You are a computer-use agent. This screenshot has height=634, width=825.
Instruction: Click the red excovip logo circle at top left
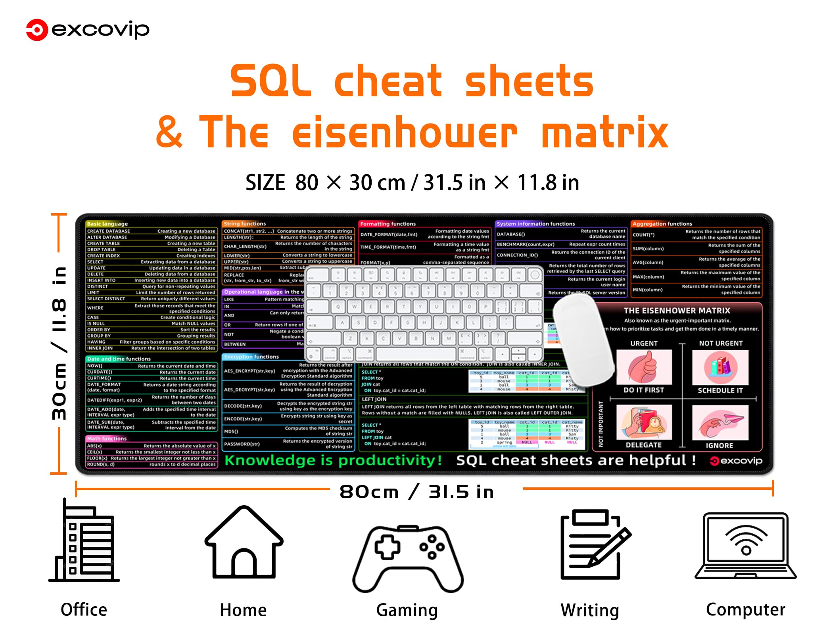point(37,30)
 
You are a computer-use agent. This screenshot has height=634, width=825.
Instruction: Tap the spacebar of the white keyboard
point(415,353)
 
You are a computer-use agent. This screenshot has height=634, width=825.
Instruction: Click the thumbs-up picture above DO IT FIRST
point(644,367)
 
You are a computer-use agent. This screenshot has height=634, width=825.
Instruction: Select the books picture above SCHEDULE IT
point(720,367)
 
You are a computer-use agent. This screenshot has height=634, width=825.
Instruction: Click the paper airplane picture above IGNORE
point(720,422)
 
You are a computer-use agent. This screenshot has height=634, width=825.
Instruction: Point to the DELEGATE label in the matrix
point(643,445)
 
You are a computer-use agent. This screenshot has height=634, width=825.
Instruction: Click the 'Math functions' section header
point(107,438)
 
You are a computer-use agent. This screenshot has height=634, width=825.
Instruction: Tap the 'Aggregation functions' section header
point(662,223)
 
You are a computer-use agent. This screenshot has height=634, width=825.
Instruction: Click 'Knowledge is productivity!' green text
point(333,460)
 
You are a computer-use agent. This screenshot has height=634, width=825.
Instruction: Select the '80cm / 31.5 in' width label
point(416,492)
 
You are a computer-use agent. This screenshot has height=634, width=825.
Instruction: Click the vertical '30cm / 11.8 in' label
point(59,343)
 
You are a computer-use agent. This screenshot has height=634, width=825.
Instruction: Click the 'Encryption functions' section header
point(251,357)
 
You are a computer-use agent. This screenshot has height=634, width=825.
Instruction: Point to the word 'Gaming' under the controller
point(407,610)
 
